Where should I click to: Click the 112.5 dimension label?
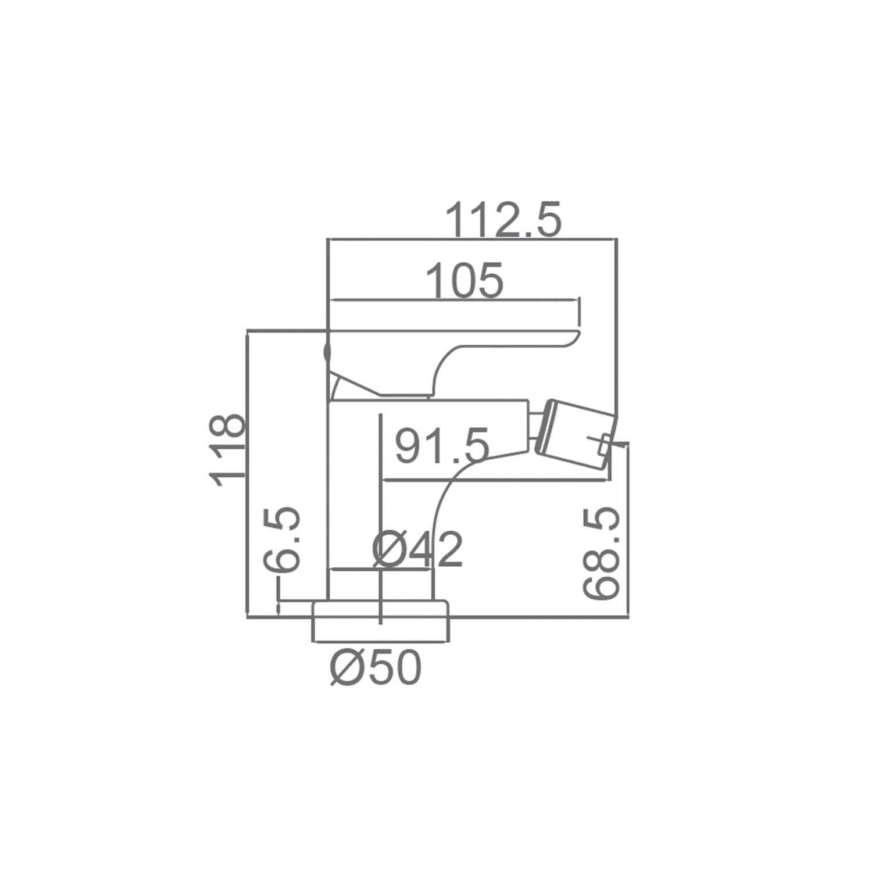(503, 220)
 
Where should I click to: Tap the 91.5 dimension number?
(442, 446)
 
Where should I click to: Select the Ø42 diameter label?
(417, 550)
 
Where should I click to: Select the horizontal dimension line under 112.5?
(471, 238)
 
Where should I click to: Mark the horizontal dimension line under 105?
(453, 301)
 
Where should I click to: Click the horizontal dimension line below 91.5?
(494, 481)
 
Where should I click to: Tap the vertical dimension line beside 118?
(248, 474)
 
